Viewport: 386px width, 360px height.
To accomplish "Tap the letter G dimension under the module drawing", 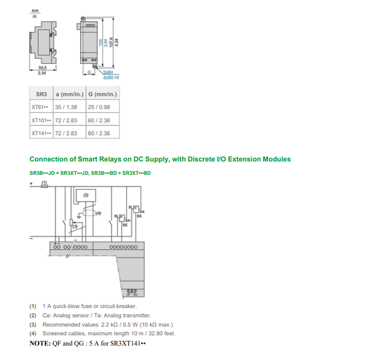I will [90, 72].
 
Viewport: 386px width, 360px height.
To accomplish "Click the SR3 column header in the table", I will [41, 95].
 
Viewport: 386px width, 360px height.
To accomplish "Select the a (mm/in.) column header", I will [69, 95].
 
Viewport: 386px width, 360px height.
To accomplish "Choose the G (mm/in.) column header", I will [103, 95].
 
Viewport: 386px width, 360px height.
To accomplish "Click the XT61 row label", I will [40, 107].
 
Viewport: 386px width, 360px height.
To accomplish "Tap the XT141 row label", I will [41, 133].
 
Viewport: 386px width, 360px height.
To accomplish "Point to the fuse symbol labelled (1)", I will [44, 186].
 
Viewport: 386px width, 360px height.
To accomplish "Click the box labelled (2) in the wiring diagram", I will [85, 195].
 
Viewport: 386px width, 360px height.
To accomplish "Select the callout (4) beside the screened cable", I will [99, 213].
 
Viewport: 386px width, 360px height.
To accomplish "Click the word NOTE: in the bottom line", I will [41, 343].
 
